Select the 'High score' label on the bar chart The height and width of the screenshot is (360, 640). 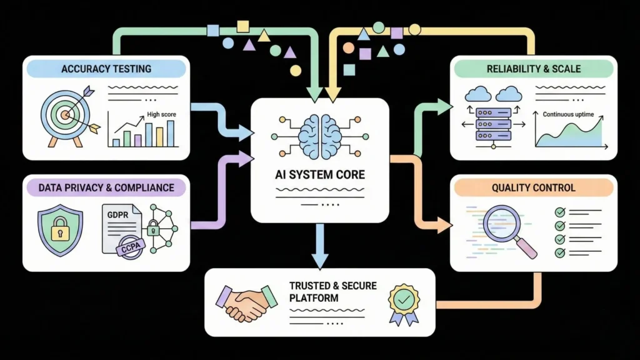click(161, 114)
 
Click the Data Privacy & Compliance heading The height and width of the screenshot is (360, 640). click(106, 187)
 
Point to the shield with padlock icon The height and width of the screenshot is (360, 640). click(60, 228)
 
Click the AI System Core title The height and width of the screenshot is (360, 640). click(319, 174)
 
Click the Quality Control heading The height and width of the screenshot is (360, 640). click(534, 187)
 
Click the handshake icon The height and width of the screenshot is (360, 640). click(246, 302)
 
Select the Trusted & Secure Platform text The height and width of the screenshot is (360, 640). click(332, 292)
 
